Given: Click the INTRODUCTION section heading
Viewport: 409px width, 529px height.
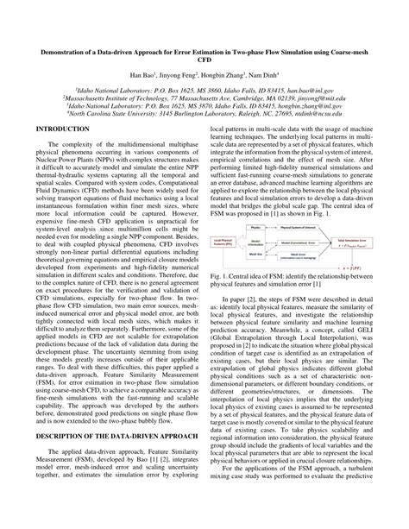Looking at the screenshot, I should pyautogui.click(x=56, y=127).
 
